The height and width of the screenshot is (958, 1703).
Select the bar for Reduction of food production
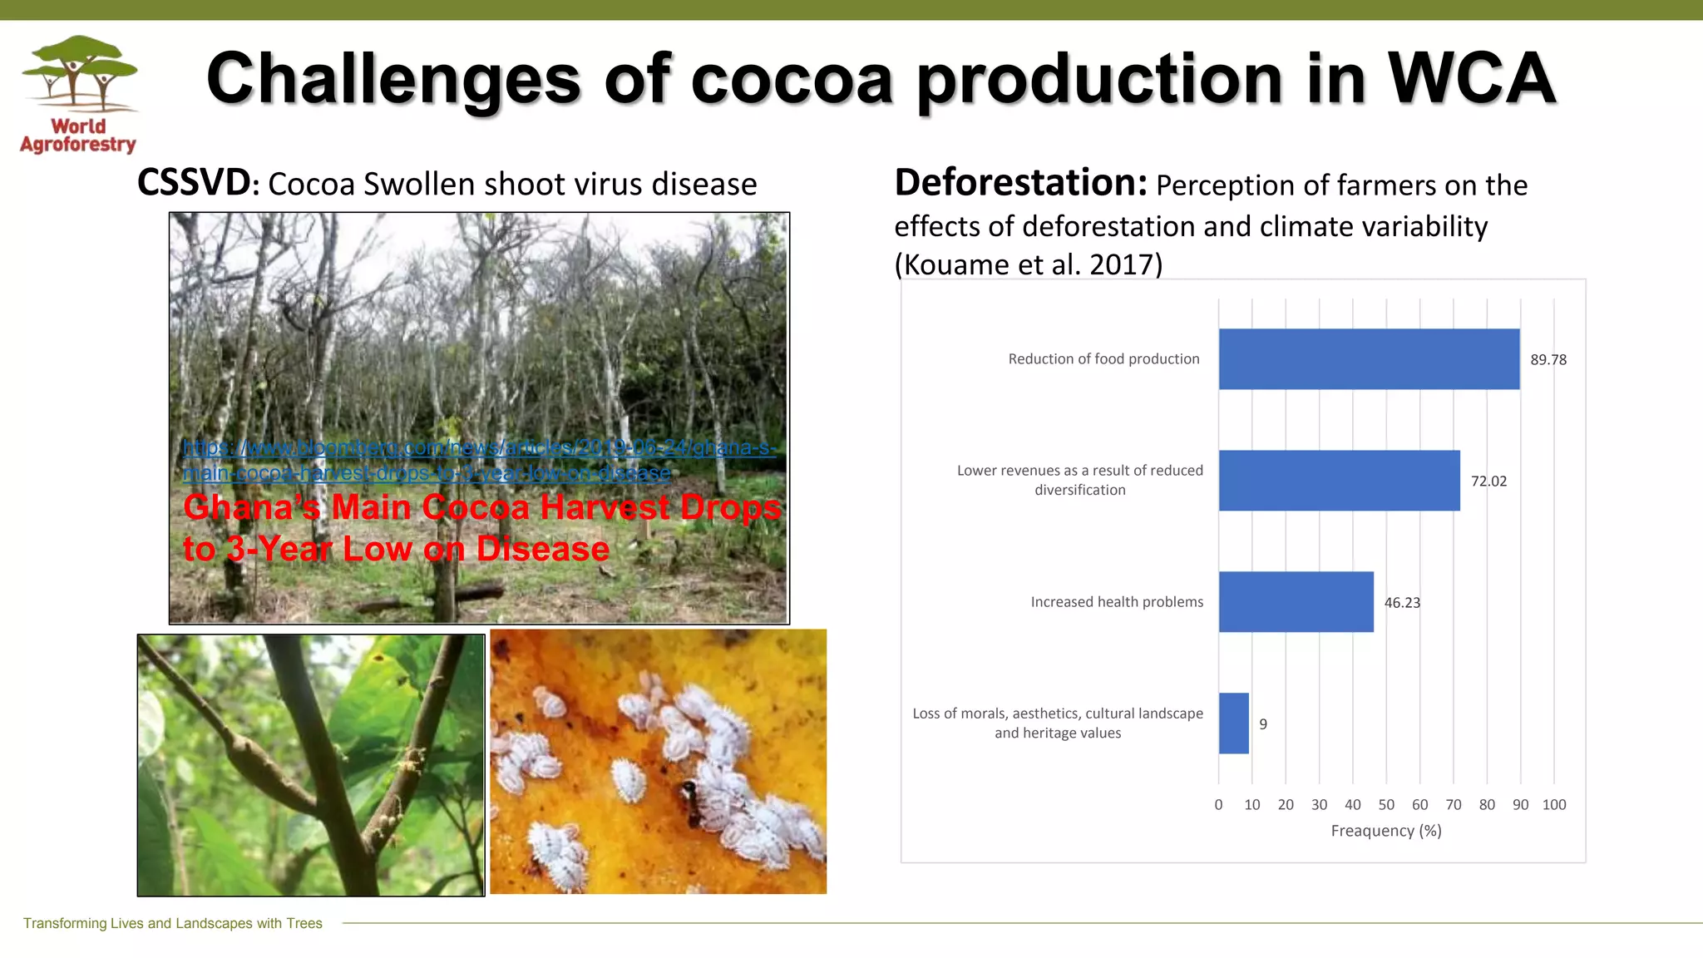click(x=1369, y=359)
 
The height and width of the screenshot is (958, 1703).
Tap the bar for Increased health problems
click(x=1296, y=602)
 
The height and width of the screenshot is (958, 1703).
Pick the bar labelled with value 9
click(x=1233, y=723)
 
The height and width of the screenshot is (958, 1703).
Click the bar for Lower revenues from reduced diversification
click(x=1339, y=481)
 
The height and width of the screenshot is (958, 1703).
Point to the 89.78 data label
click(x=1548, y=360)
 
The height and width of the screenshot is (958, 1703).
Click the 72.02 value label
click(x=1488, y=481)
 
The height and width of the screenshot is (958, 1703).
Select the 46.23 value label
click(x=1402, y=603)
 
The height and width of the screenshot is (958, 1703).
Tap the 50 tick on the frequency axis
click(x=1386, y=805)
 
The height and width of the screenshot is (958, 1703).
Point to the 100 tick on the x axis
click(x=1553, y=805)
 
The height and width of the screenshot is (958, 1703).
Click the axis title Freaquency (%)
click(x=1386, y=831)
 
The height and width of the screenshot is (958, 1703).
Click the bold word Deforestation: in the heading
click(x=1020, y=183)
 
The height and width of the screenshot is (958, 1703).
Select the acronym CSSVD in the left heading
click(x=193, y=183)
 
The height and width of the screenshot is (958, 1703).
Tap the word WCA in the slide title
click(x=1471, y=79)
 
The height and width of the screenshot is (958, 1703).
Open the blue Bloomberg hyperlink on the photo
click(x=478, y=460)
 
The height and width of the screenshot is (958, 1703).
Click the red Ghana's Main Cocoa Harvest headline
click(x=481, y=528)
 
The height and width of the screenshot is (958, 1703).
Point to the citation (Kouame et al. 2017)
click(x=1028, y=264)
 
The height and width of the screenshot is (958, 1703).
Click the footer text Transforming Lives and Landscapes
click(x=173, y=923)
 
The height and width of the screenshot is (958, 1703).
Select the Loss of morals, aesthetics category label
click(x=1058, y=723)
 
